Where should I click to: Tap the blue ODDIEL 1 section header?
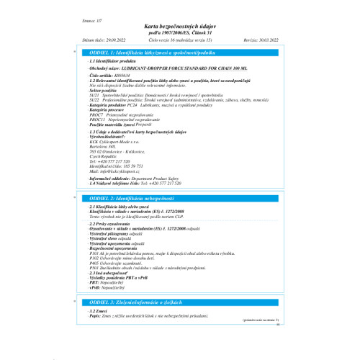click(x=146, y=54)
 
